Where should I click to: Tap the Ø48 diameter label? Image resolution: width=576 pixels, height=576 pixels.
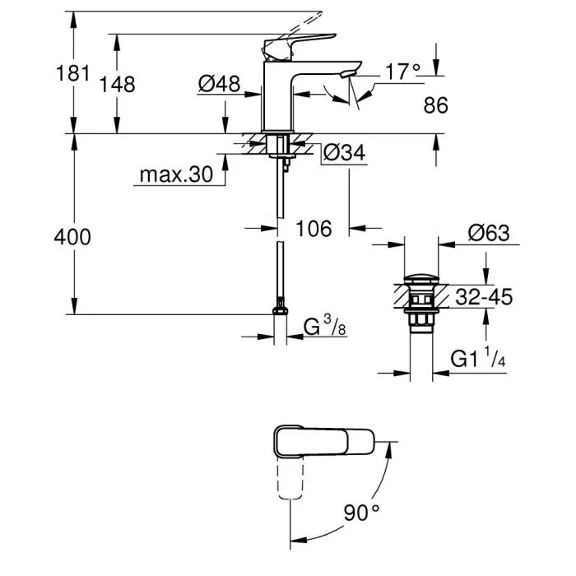point(218,83)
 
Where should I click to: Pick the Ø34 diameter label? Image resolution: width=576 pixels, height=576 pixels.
point(343,153)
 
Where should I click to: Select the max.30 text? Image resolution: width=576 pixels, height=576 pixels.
point(175,174)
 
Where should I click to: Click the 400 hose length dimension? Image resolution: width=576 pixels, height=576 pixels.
point(72,237)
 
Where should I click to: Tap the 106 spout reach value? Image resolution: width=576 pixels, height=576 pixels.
point(313,228)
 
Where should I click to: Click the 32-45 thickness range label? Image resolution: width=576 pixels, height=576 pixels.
point(484,297)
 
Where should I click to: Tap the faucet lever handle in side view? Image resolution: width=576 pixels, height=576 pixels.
point(300,42)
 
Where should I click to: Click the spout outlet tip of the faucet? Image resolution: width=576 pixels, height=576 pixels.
point(351,75)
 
